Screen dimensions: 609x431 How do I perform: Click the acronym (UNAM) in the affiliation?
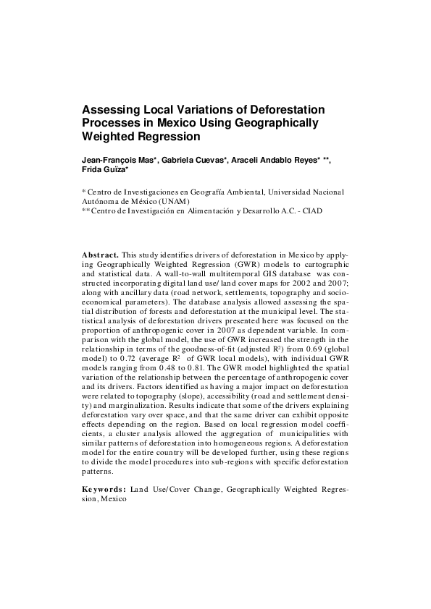[172, 201]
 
